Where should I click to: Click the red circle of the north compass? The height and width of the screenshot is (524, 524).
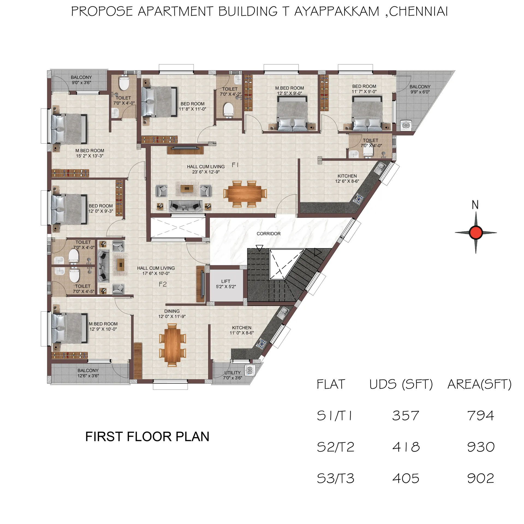coord(476,233)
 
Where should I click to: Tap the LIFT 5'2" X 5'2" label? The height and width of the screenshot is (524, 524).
coord(226,284)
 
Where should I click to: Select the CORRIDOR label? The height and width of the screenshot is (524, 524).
coord(268,234)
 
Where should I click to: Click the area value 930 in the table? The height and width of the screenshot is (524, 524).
coord(481,447)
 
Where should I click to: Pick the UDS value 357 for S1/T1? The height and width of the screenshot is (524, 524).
coord(405,416)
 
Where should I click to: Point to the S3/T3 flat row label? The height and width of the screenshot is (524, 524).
coord(335,478)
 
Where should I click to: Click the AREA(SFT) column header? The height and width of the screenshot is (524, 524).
coord(479,384)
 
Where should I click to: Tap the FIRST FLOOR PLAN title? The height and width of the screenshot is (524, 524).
coord(147,437)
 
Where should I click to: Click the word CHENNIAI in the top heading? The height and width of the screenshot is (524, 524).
coord(418,11)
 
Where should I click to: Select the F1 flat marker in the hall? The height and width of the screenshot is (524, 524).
coord(235,165)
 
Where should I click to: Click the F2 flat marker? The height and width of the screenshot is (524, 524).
coord(163,284)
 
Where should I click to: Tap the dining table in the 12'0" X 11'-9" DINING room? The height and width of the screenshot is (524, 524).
coord(172,345)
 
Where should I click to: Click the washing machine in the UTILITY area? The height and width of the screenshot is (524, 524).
coord(250,370)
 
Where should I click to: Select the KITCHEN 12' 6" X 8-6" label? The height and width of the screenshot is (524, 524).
coord(347,178)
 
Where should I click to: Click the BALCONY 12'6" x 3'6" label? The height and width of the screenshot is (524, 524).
coord(88,373)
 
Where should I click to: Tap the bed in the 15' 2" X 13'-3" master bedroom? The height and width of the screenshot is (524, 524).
coord(69,129)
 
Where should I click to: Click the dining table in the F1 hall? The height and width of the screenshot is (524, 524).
coord(245,193)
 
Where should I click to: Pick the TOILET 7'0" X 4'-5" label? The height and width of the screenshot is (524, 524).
coord(83,289)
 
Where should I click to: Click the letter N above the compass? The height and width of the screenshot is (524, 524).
coord(475,205)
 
